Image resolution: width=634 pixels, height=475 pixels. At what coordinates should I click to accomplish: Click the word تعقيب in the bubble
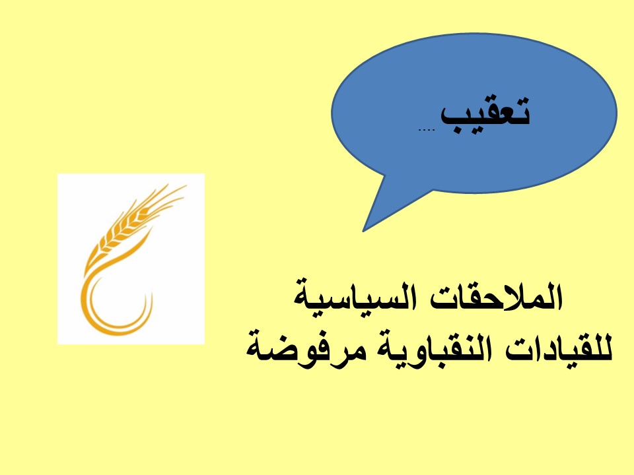coord(485,114)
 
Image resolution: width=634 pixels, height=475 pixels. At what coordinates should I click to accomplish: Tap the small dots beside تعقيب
coord(426,130)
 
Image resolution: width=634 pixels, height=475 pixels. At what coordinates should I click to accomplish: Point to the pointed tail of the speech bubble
coord(364,231)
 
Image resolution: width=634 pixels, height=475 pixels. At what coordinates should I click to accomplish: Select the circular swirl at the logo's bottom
coord(115,301)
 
